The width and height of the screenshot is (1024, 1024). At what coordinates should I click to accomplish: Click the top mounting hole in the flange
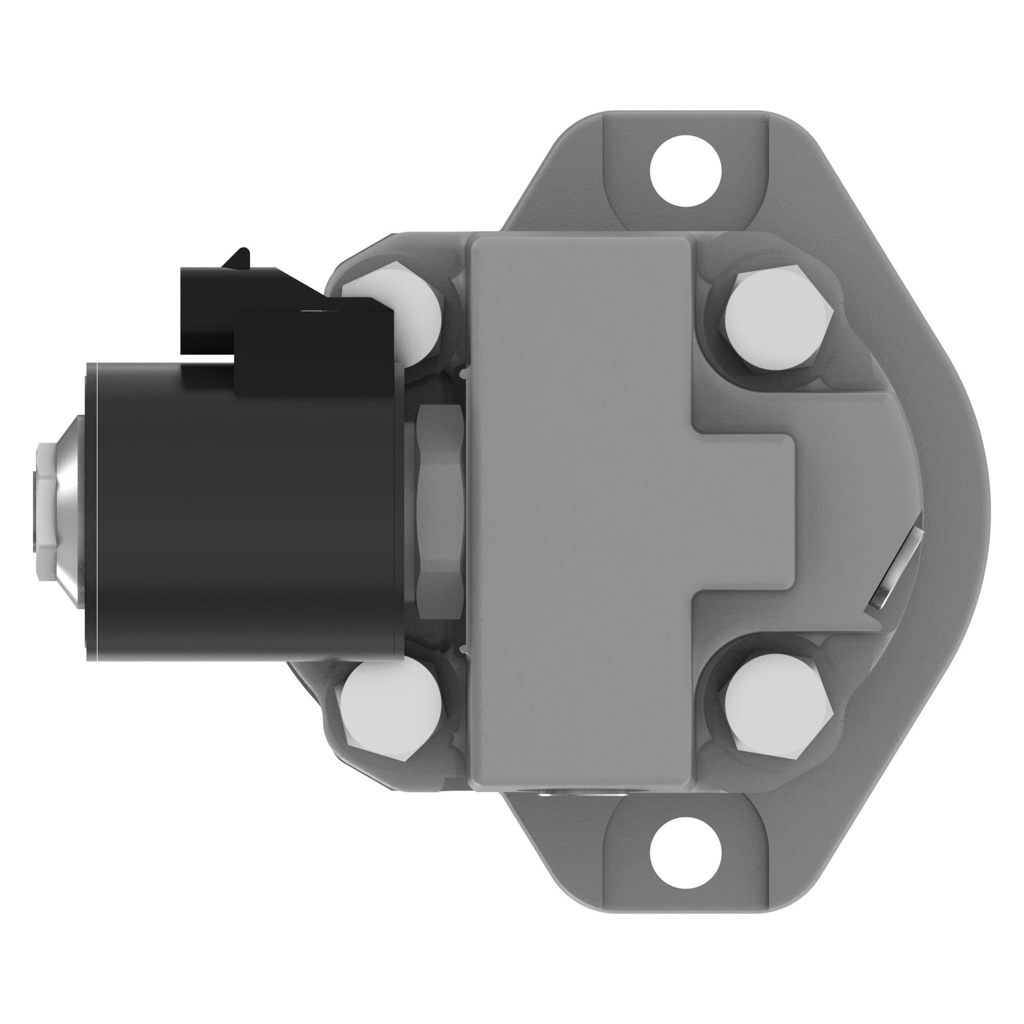pyautogui.click(x=686, y=170)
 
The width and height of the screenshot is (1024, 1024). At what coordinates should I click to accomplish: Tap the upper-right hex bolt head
pyautogui.click(x=778, y=322)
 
